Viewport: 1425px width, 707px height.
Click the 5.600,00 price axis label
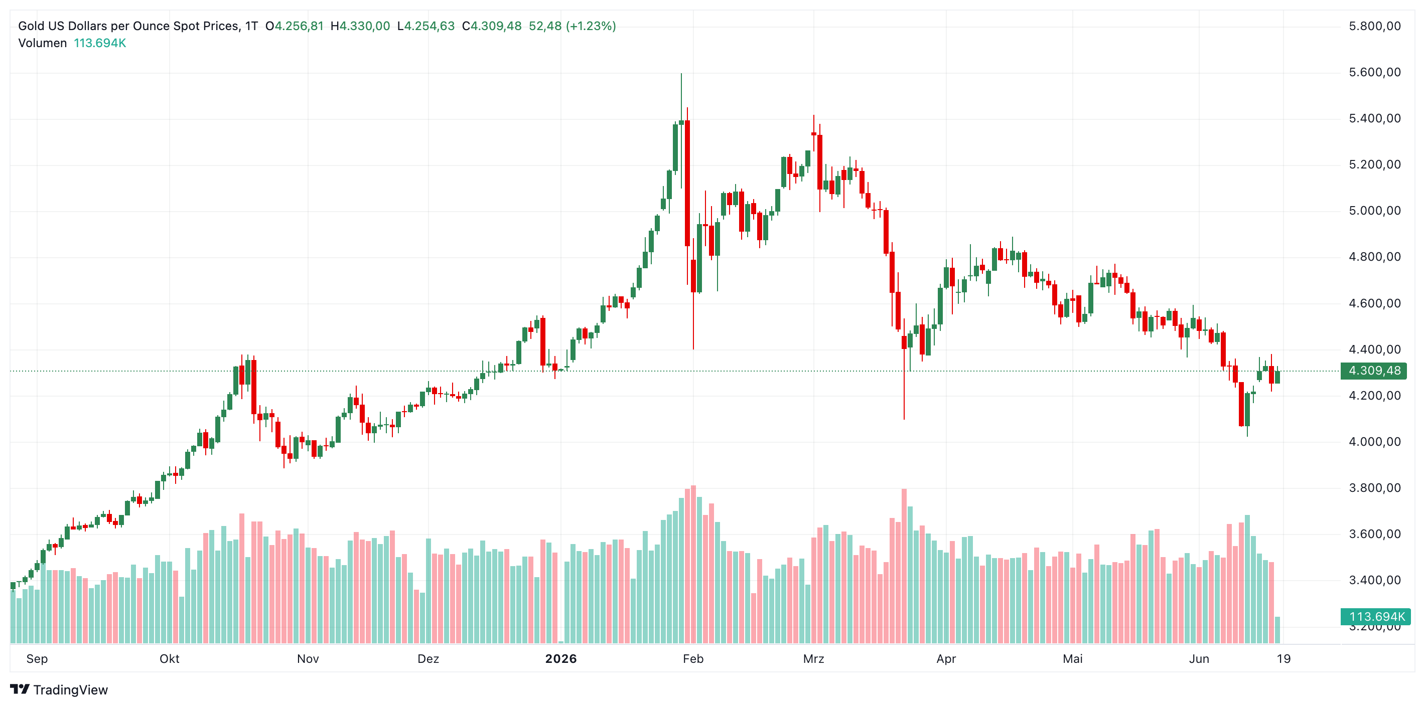click(1375, 72)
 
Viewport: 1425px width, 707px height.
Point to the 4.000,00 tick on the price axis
click(1375, 442)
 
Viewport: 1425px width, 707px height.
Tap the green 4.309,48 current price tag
click(1374, 371)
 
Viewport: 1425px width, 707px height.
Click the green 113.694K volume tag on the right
click(1376, 616)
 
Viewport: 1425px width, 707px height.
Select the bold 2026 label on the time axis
click(561, 658)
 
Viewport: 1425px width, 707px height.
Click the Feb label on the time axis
click(693, 658)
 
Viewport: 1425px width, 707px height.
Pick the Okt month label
click(169, 658)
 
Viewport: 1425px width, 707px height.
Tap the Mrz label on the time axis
click(814, 658)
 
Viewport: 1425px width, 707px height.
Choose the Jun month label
click(1199, 658)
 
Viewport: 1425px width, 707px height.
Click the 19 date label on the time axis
click(1284, 658)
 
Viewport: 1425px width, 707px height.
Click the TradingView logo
click(59, 689)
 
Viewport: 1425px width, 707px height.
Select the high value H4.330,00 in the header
click(360, 26)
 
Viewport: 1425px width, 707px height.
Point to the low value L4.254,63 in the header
click(426, 26)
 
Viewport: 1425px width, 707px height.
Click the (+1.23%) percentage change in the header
click(591, 26)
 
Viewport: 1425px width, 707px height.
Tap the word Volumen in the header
click(43, 43)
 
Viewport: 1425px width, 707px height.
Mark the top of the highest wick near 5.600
click(681, 74)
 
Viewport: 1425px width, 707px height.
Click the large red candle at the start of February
click(687, 183)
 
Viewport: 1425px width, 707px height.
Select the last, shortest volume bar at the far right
click(1277, 630)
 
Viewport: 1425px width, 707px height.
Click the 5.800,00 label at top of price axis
click(1375, 26)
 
